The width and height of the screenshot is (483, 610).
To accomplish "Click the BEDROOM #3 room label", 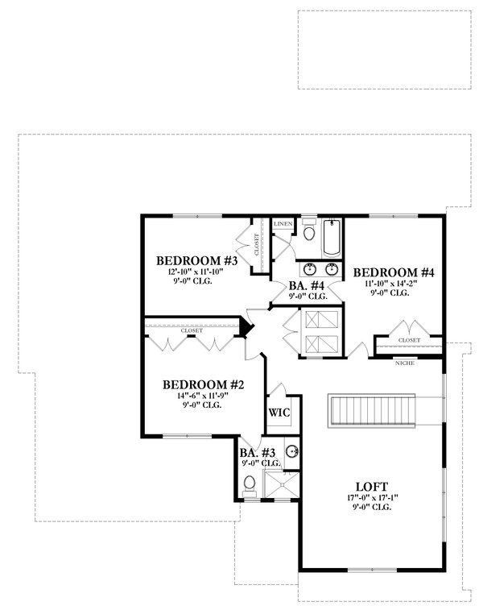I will pos(196,260).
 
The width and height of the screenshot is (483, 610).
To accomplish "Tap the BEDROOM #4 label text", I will pos(394,272).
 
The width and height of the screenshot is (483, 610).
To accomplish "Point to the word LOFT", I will pos(372,487).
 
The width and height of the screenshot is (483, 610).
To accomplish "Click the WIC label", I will pos(279,412).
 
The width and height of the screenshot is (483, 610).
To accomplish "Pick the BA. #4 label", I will pos(307,285).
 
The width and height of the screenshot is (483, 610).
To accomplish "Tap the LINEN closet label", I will pos(283,222).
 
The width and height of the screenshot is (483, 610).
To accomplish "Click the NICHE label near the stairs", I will pos(405,363).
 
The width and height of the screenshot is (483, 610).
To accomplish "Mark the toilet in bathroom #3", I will pos(250,485).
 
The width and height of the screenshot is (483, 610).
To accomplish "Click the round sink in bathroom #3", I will pos(294,451).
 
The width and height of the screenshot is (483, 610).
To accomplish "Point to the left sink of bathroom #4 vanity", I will pos(311,269).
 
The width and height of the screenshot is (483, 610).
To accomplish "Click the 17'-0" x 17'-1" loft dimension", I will pos(371,500).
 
